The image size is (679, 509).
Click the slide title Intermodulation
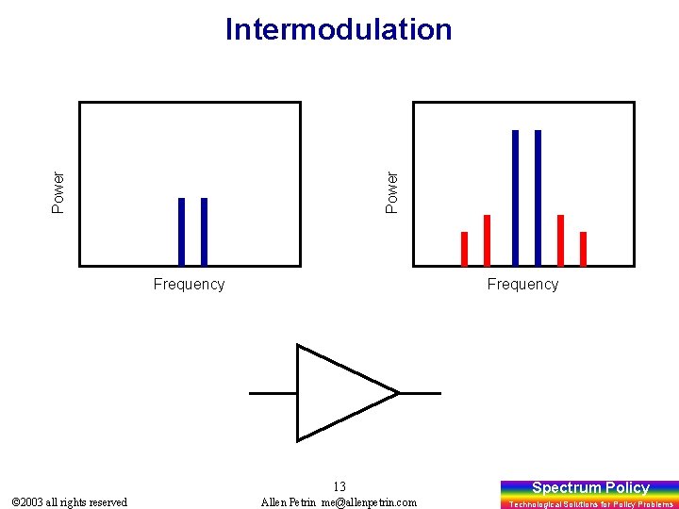coord(339,29)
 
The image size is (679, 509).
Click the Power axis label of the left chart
coord(58,191)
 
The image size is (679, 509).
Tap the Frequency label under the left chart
coord(189,284)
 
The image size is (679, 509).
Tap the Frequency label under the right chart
coord(522,284)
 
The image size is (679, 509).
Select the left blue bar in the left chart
coord(181,231)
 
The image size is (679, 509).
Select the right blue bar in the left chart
coord(204,231)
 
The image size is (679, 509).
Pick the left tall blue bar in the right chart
coord(515,198)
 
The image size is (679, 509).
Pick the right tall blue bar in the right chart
coord(538,198)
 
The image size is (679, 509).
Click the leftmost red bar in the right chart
coord(464,249)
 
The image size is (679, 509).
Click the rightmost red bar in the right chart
coord(583,249)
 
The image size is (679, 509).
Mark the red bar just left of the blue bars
coord(487,240)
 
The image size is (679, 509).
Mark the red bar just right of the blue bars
coord(560,240)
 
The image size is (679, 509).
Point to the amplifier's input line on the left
coord(273,392)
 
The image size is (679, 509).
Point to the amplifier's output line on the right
coord(420,392)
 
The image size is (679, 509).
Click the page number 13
coord(339,486)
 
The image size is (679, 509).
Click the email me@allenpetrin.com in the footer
coord(369,502)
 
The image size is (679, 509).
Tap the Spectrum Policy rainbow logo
coord(589,493)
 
